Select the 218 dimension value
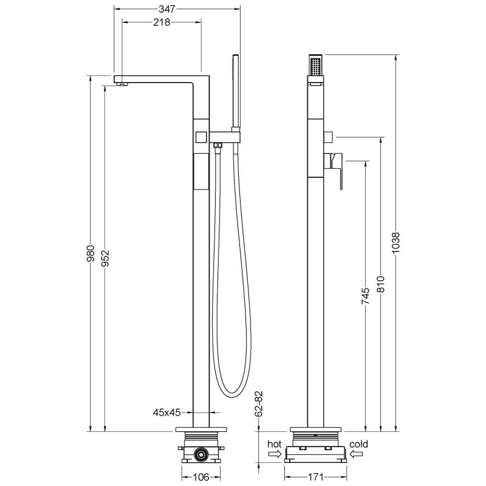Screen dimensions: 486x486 (161, 22)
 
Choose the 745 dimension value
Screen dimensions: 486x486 (366, 296)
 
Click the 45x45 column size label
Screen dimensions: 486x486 (166, 412)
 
